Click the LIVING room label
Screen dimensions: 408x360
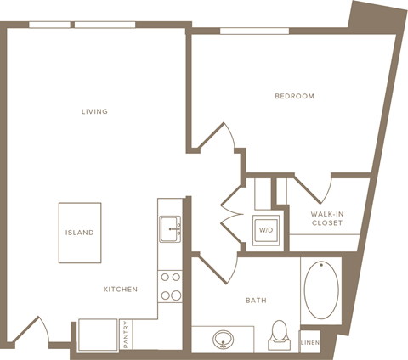94,111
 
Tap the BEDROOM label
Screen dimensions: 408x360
295,96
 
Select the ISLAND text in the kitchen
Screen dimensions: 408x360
80,233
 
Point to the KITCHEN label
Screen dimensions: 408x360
121,290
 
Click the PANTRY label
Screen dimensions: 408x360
126,335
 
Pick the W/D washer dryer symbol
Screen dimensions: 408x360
266,230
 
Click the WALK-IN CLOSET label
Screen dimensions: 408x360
327,218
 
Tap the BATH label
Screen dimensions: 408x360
256,301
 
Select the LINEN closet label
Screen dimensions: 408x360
310,343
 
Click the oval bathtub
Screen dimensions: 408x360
321,290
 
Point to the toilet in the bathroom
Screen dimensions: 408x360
280,335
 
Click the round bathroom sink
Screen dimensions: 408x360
224,340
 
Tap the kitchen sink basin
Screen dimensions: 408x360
170,229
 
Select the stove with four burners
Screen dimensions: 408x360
170,286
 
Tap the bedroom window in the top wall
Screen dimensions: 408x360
254,31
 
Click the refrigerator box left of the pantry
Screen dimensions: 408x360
98,335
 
